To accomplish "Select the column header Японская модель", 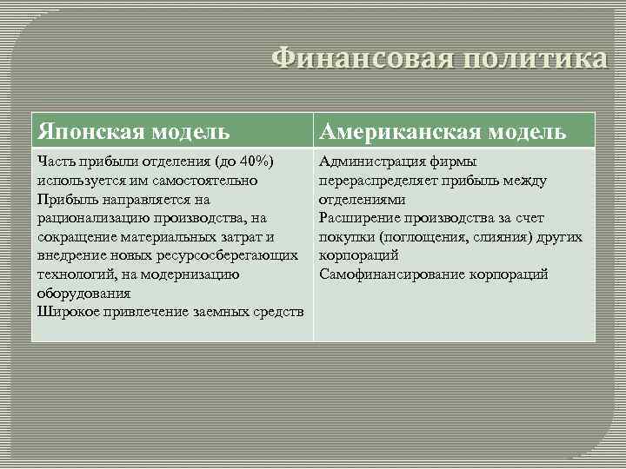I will [134, 131].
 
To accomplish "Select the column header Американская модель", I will [443, 131].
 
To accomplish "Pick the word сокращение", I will [74, 236].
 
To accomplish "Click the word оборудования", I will [78, 294].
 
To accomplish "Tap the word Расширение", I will [358, 218].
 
